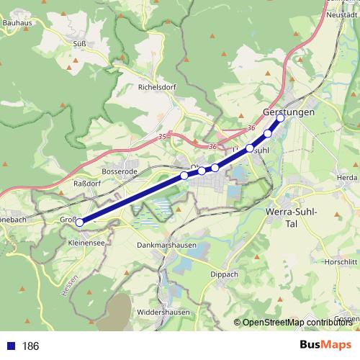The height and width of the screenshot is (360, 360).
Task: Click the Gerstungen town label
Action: pos(289,114)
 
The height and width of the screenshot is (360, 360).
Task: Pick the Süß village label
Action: pos(80,43)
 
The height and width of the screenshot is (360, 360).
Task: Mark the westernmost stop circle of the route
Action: pos(80,222)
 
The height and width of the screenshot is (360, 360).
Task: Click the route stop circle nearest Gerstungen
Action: pos(281,119)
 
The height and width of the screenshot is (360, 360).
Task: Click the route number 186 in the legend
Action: pos(30,346)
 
